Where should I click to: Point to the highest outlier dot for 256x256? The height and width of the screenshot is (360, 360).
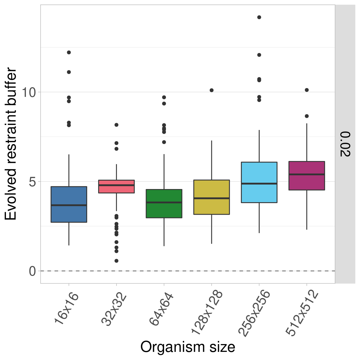click(259, 17)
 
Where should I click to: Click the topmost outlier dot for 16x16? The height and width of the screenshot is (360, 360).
click(69, 52)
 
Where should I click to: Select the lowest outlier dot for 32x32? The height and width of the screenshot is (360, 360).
click(116, 261)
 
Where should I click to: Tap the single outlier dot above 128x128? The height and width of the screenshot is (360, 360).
click(212, 90)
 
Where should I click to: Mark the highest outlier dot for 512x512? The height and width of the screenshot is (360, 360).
click(307, 90)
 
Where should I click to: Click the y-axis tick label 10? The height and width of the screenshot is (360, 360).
click(29, 92)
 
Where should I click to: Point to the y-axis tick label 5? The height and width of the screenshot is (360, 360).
click(32, 182)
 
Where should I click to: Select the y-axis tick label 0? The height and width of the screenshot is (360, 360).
click(32, 271)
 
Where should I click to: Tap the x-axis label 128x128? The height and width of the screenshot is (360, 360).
click(207, 312)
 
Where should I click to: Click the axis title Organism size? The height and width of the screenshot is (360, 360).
click(187, 347)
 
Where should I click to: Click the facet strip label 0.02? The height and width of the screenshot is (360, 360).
click(345, 144)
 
